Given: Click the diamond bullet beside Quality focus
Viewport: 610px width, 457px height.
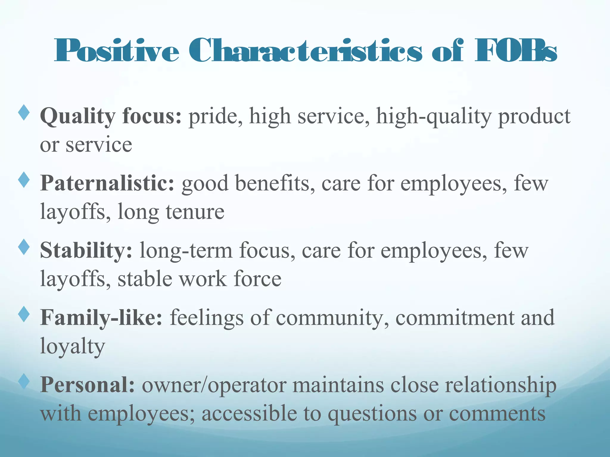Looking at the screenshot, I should pyautogui.click(x=24, y=112).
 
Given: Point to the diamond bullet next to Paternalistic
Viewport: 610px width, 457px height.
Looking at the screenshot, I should pyautogui.click(x=24, y=180).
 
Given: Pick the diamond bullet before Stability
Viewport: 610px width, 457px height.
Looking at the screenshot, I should pyautogui.click(x=24, y=247).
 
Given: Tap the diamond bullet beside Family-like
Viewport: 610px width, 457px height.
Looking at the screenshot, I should pyautogui.click(x=24, y=314).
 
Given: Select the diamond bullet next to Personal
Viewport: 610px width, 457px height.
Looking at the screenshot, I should pyautogui.click(x=24, y=382).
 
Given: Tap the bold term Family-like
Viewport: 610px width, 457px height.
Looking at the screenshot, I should pyautogui.click(x=101, y=318).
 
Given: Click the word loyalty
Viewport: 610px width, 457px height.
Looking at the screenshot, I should pyautogui.click(x=73, y=347).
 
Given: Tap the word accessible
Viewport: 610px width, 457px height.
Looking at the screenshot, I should pyautogui.click(x=249, y=414).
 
